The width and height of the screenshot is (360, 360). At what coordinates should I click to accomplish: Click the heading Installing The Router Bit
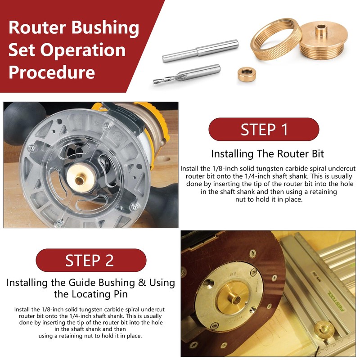point(267,154)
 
